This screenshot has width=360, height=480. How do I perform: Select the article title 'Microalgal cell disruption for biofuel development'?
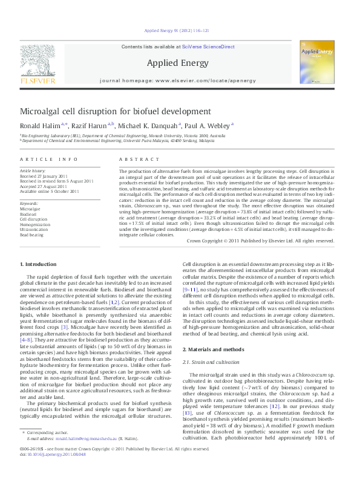pos(116,111)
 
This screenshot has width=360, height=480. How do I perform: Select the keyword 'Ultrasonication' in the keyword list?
pos(34,230)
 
